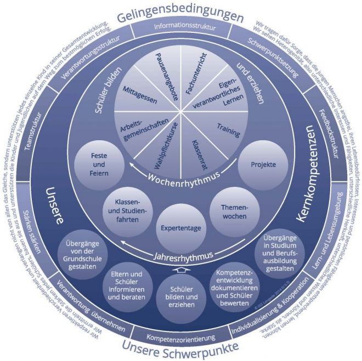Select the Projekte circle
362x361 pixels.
[x=259, y=164]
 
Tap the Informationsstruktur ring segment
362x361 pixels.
[x=180, y=26]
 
